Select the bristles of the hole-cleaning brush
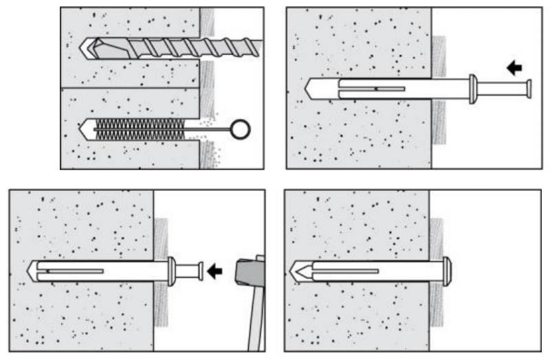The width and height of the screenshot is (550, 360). (137, 128)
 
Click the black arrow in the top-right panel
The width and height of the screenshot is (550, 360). (514, 67)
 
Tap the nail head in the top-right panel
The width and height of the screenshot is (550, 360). (529, 89)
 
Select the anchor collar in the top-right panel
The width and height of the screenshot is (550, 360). (472, 89)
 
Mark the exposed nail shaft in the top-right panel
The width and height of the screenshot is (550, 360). (502, 89)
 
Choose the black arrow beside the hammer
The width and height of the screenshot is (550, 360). (214, 271)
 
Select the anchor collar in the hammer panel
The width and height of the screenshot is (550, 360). (170, 271)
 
